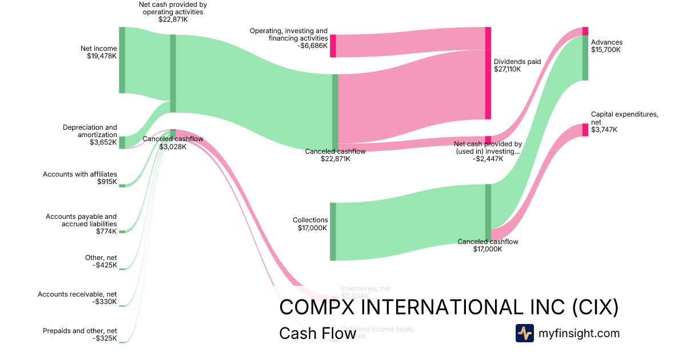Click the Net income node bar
pos(122,59)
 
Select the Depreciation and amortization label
pos(90,131)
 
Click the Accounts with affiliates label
pos(80,174)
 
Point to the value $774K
pos(107,231)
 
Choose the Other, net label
pos(101,258)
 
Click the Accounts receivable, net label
pos(77,294)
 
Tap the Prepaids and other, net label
pos(80,331)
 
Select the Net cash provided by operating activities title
pos(173,8)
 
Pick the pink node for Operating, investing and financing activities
pos(333,46)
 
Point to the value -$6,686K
pos(313,46)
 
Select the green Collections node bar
pos(333,231)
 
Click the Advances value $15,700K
pos(606,50)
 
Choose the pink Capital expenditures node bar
pos(585,130)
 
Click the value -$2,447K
pos(488,159)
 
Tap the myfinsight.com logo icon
pos(524,333)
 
